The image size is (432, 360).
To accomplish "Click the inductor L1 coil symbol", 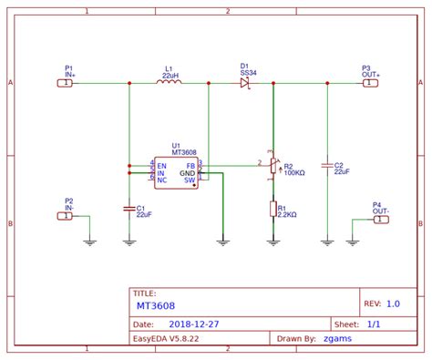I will [x=170, y=83].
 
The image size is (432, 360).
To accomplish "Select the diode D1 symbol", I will [x=245, y=83].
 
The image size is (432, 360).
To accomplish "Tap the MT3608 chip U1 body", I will [x=176, y=172].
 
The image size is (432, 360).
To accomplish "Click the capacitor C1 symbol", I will [x=129, y=209].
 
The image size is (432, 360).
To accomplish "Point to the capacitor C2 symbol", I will [x=326, y=166].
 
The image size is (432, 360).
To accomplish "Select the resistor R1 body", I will [x=273, y=209].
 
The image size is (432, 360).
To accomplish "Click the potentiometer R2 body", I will [x=273, y=167].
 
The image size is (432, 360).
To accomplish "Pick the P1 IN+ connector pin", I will [x=65, y=83].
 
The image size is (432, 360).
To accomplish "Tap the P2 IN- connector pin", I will [x=65, y=216].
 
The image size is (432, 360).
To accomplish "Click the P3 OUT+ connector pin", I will [x=369, y=83].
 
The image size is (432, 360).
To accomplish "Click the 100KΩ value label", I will [x=295, y=172].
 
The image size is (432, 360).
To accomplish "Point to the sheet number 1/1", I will [x=373, y=323].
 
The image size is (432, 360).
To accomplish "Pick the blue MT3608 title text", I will [x=156, y=306].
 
